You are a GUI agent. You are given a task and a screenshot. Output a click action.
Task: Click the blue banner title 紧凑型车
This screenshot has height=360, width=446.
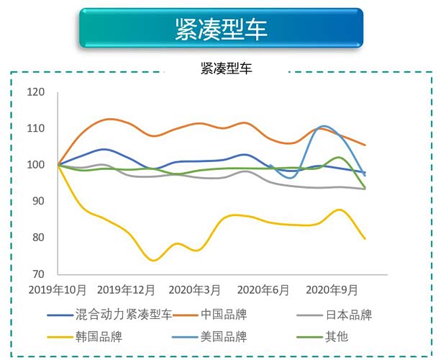221,29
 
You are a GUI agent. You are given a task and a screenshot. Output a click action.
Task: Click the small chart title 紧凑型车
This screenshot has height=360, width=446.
226,69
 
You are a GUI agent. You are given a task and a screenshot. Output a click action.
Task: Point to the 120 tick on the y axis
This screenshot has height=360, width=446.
36,92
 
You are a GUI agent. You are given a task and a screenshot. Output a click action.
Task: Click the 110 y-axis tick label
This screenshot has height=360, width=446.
36,128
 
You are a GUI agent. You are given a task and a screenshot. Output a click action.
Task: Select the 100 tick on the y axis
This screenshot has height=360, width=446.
36,165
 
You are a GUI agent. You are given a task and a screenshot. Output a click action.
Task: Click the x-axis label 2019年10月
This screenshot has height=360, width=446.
58,290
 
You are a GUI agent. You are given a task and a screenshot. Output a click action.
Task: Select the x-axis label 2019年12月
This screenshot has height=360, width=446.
127,290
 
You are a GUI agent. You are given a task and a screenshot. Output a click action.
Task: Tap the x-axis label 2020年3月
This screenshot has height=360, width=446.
194,290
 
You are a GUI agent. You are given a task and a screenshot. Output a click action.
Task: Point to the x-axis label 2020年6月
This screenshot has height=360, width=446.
263,290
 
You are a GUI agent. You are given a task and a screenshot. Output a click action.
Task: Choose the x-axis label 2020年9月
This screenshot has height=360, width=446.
332,290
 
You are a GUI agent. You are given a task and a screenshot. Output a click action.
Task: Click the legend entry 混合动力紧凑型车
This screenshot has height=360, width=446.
124,315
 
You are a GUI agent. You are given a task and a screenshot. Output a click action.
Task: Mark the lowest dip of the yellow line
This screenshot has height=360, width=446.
154,261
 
